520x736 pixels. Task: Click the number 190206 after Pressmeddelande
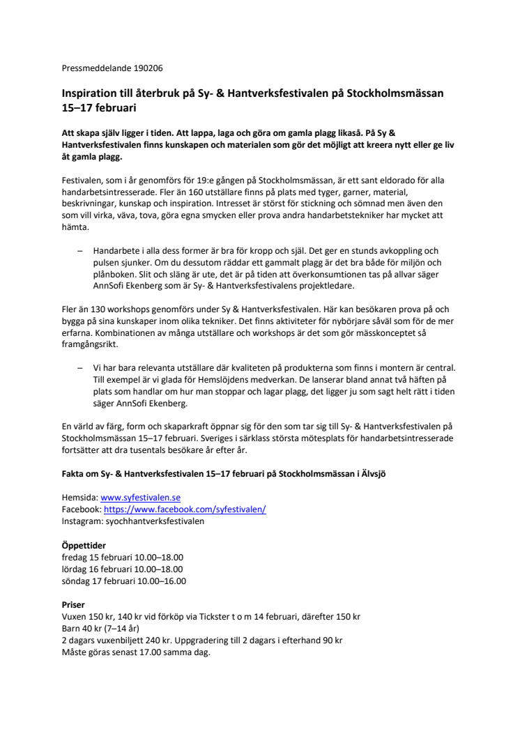(149, 68)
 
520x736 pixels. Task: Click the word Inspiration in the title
(91, 93)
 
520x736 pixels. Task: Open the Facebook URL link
(185, 509)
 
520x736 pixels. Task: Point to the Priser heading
(73, 606)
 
